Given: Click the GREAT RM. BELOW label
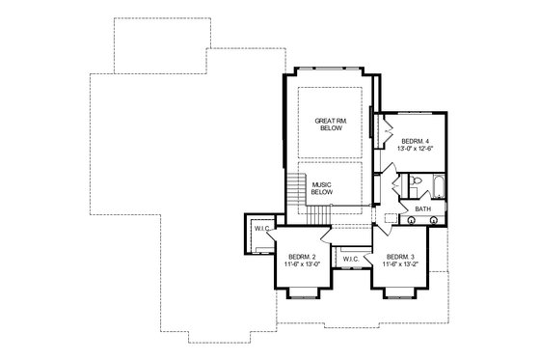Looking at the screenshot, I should (x=328, y=126).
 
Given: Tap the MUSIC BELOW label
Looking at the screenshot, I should (x=321, y=187).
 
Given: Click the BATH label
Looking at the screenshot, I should (x=422, y=208).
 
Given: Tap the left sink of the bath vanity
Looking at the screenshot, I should (x=414, y=219).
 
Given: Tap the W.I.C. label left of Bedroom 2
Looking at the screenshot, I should (x=259, y=229).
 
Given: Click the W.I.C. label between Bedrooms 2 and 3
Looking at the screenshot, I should (x=351, y=258).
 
